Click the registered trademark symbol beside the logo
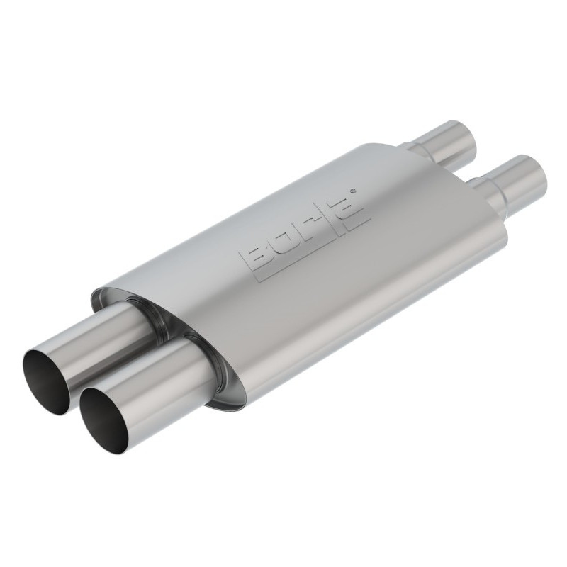[354, 189]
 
